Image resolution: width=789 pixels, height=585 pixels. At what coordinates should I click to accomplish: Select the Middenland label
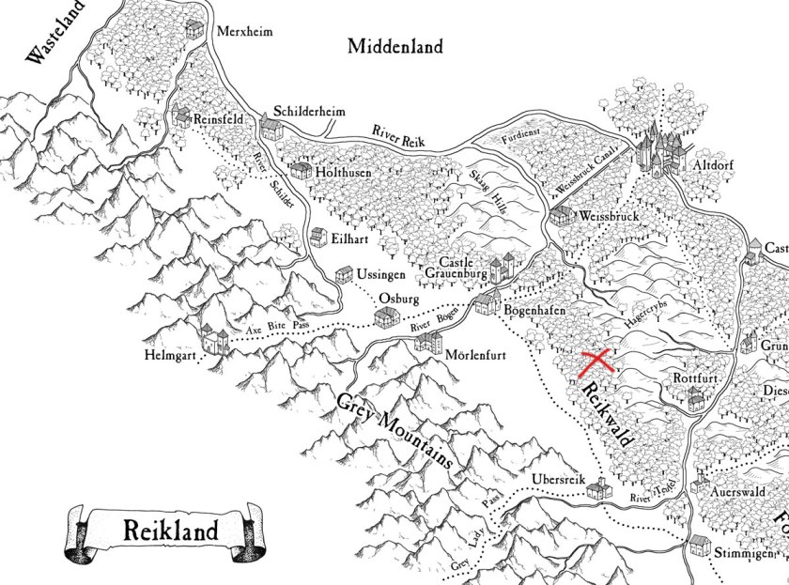click(x=394, y=47)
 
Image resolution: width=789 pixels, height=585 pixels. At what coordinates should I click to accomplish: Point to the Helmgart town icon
click(x=215, y=340)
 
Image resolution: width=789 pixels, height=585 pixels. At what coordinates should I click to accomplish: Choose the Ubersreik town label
click(x=559, y=477)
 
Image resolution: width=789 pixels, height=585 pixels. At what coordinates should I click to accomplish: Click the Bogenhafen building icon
click(x=487, y=301)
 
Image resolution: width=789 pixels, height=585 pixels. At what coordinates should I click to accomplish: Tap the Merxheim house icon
click(x=195, y=28)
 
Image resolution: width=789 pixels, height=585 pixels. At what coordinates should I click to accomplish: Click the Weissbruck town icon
click(x=561, y=216)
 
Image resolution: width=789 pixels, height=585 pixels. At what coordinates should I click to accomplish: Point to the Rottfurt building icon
click(x=695, y=400)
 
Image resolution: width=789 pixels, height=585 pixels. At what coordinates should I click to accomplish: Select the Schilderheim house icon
click(x=271, y=128)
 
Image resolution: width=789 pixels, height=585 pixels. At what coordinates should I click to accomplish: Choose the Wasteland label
click(x=47, y=38)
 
